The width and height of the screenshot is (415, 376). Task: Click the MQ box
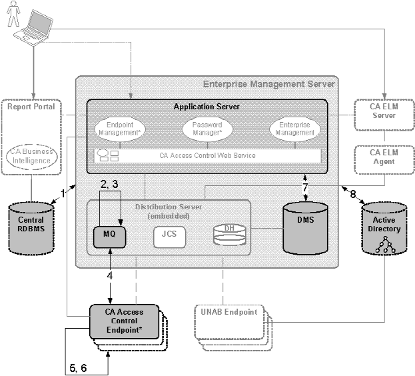tap(109, 235)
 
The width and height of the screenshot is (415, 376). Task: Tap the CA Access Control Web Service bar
tap(208, 156)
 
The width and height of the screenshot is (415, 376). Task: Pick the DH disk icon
tap(223, 234)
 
